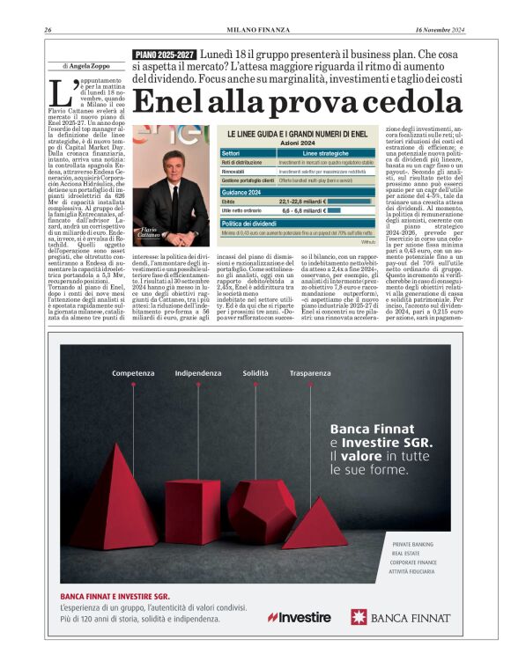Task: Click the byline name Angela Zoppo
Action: tap(93, 66)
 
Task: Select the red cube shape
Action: tap(193, 510)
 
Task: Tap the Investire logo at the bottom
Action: tap(299, 617)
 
